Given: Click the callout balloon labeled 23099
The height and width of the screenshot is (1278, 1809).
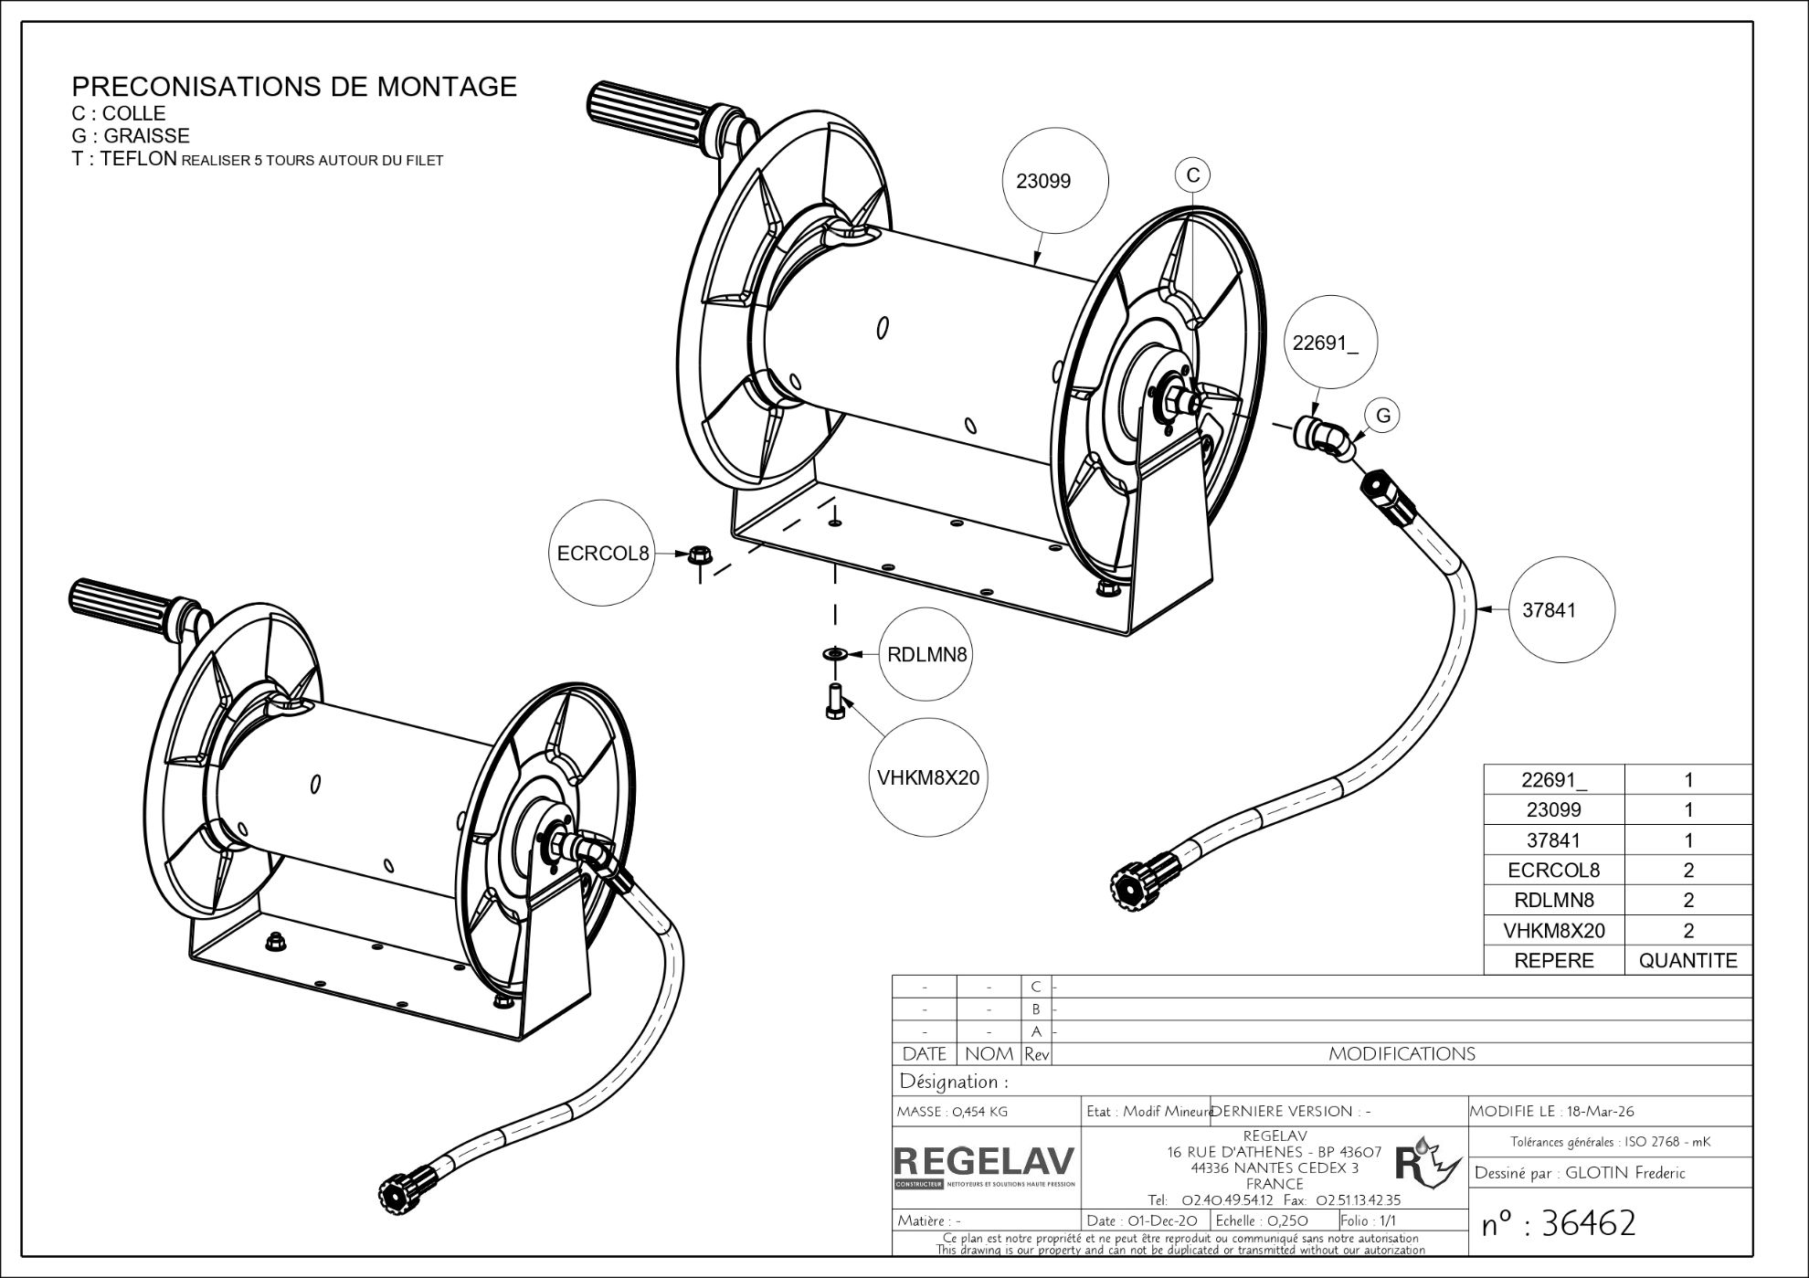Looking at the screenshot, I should [x=1043, y=181].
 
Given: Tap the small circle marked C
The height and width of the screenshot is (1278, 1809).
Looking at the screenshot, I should [x=1192, y=174].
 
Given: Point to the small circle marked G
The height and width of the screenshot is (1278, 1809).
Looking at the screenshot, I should [x=1383, y=416].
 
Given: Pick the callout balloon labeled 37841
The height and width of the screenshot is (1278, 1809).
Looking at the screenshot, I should [x=1549, y=610].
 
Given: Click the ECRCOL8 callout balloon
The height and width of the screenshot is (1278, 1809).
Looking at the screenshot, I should [x=603, y=553].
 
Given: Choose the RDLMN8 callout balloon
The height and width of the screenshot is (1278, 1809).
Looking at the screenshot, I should [x=926, y=654].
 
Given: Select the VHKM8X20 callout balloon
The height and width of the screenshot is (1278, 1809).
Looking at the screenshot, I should [x=927, y=777].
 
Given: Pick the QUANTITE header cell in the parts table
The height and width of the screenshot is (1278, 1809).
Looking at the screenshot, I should [x=1687, y=960].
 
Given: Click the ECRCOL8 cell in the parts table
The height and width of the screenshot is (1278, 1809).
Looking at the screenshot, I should [x=1553, y=870].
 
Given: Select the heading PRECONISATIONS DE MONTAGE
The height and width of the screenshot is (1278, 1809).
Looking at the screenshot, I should [x=294, y=87].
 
